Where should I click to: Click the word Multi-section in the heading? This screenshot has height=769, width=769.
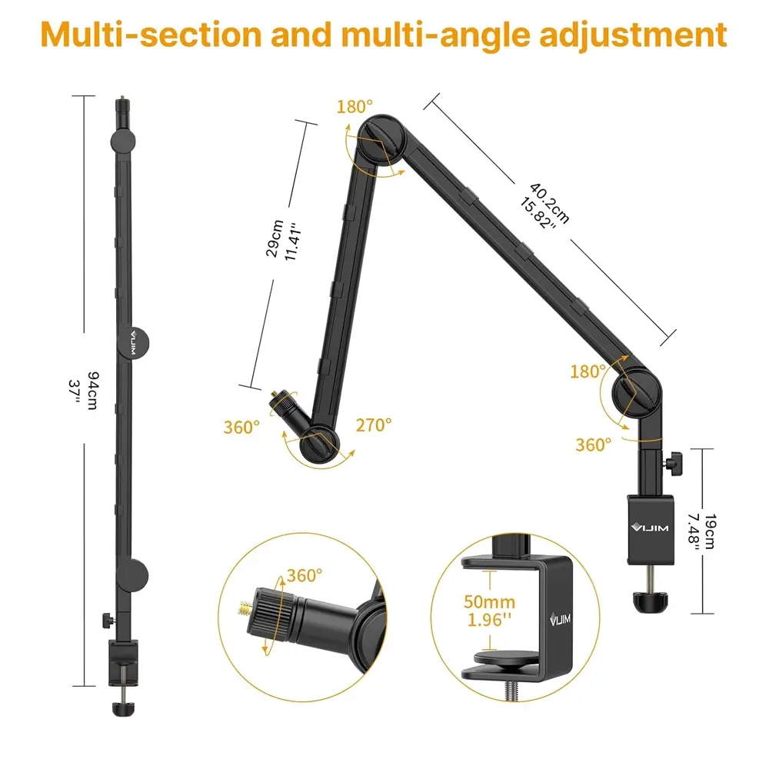pos(151,35)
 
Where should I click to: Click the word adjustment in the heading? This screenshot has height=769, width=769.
pos(633,35)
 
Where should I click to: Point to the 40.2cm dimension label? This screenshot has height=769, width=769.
pos(550,203)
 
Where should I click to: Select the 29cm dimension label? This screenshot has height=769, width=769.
pos(275,238)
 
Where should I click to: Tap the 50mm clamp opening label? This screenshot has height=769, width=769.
pos(489,602)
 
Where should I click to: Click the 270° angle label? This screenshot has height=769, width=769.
pos(374,424)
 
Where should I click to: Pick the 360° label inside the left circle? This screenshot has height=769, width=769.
pos(305,574)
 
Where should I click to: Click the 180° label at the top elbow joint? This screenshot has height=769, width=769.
pos(355,106)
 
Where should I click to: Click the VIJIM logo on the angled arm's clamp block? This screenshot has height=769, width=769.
pos(650,528)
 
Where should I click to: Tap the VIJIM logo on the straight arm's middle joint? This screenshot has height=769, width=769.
pos(133,343)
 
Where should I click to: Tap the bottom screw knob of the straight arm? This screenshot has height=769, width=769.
pos(122,708)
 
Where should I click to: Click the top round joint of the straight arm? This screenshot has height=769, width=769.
pos(122,141)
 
